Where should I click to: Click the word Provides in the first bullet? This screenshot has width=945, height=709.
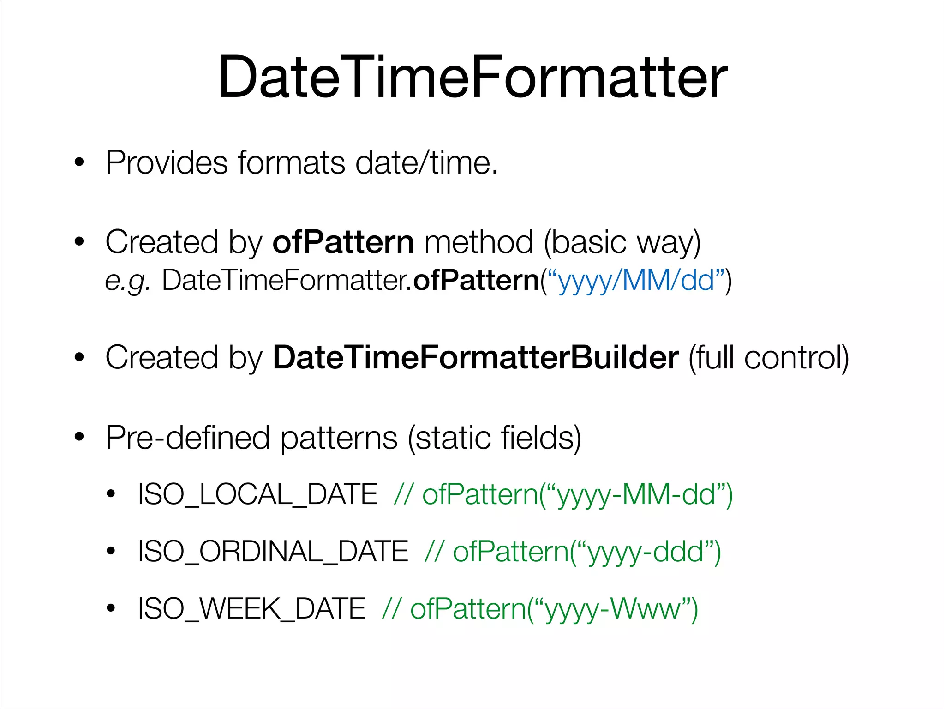(167, 163)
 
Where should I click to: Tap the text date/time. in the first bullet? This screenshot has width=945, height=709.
(427, 163)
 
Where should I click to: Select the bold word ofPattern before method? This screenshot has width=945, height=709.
(343, 242)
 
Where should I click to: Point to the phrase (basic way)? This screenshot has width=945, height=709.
(622, 242)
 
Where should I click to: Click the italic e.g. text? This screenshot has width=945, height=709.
(127, 281)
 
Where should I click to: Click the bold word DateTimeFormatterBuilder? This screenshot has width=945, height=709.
(476, 357)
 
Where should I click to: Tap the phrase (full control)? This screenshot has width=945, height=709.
(768, 357)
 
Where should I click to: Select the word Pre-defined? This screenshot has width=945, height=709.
(187, 438)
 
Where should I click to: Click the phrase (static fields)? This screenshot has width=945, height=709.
(494, 438)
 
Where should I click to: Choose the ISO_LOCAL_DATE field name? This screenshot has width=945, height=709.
(258, 494)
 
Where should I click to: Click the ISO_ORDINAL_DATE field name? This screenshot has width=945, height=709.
(273, 552)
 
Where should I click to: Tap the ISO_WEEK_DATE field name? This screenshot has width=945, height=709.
(252, 608)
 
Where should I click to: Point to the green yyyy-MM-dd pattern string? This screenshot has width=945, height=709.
(637, 495)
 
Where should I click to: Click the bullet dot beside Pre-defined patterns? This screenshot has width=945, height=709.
(79, 437)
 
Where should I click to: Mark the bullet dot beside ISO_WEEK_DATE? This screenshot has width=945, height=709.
(110, 608)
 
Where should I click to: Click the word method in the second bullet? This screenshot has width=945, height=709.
(478, 242)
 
